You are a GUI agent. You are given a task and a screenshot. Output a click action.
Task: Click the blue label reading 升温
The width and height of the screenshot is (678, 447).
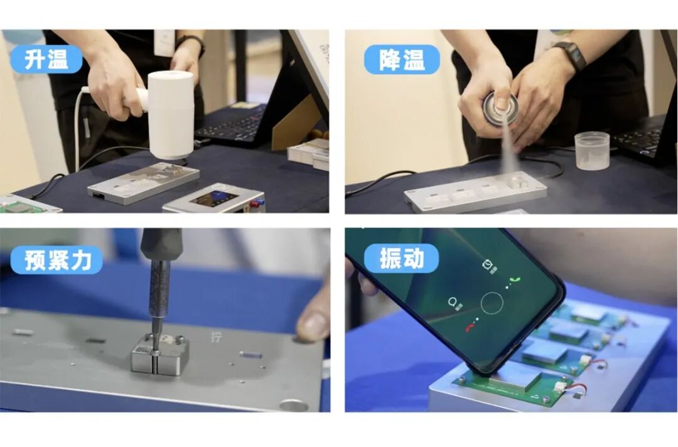(46, 59)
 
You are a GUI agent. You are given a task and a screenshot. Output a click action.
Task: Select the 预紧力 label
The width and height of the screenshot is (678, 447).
(56, 260)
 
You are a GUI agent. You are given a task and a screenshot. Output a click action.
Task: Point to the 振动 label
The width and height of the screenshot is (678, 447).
(401, 258)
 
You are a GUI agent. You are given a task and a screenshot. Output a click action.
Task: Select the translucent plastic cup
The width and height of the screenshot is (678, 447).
(591, 151)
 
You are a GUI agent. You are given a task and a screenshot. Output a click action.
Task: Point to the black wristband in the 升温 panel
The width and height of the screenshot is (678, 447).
(190, 42)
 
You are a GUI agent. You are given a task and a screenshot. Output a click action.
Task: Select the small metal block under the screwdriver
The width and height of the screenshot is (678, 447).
(159, 355)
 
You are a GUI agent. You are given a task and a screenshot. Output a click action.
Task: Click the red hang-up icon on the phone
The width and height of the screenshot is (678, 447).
(468, 326)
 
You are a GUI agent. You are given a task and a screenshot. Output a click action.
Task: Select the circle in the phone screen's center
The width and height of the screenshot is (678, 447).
(492, 303)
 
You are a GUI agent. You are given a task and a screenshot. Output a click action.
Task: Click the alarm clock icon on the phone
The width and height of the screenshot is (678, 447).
(487, 266)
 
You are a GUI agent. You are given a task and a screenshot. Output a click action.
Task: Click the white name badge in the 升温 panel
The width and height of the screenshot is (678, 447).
(164, 41)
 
